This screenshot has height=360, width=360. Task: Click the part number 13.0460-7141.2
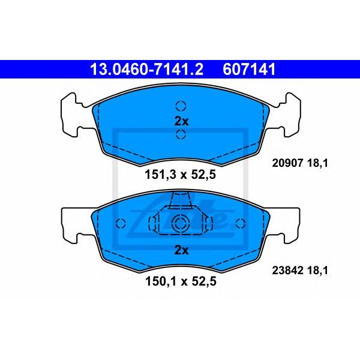click(147, 70)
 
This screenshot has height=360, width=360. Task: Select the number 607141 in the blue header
click(249, 70)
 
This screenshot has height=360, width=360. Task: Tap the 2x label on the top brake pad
click(181, 121)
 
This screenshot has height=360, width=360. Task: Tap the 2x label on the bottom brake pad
click(181, 250)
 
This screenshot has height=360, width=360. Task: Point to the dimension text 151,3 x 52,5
click(180, 175)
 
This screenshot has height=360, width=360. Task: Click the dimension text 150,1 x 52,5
click(181, 281)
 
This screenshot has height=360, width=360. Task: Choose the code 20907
click(287, 163)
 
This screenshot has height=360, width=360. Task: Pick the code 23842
click(287, 270)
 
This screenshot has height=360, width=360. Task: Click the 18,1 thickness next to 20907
click(318, 163)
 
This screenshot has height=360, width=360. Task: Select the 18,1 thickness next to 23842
click(318, 271)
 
